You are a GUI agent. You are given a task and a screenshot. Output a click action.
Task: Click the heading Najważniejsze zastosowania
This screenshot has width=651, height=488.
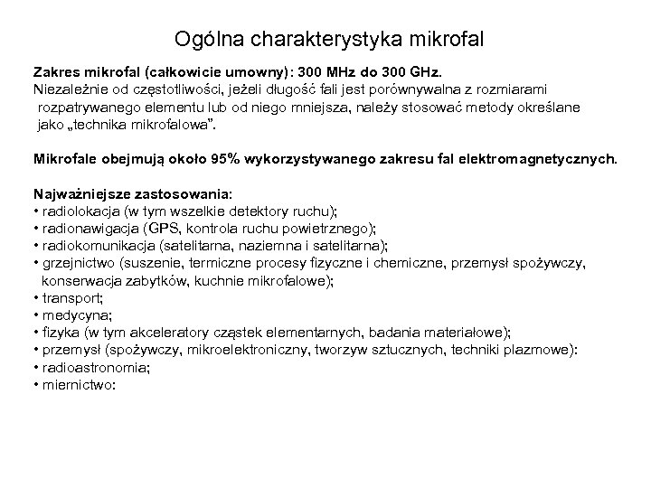tap(132, 193)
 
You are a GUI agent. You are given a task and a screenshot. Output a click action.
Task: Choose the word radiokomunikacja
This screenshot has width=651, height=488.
tap(99, 245)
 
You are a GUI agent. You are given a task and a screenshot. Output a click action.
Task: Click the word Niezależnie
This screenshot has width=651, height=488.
tap(71, 90)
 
